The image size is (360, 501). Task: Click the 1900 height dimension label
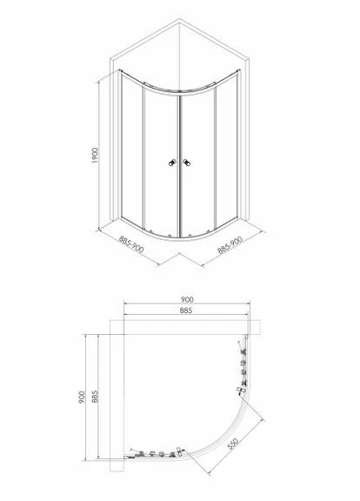pos(95,156)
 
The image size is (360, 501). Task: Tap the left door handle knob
pos(172,163)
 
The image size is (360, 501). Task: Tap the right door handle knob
pos(187,163)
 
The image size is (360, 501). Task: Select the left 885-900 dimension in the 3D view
pos(131,244)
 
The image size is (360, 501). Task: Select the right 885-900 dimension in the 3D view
pos(230,244)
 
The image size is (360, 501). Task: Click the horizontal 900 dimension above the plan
pos(187,299)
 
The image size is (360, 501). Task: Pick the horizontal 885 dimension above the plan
pos(186,311)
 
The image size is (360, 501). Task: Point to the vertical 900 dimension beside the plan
pos(82,397)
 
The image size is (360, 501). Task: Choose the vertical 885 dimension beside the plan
pos(95,397)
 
